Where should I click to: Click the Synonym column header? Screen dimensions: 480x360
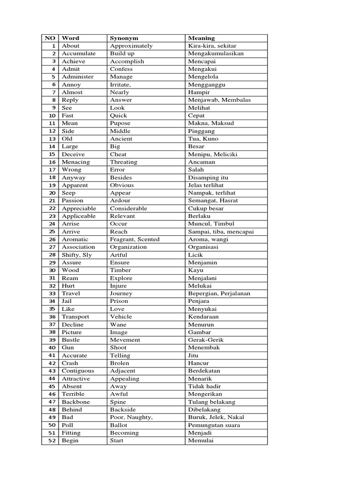pos(124,38)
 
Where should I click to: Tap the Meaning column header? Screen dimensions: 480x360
pos(201,38)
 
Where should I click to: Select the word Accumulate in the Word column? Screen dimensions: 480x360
pos(79,53)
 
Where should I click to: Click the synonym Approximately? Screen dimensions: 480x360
pos(131,46)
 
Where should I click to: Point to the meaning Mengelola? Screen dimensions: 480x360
pos(203,77)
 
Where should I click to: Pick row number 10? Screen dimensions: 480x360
pos(52,115)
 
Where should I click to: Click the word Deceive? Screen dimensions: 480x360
pos(74,154)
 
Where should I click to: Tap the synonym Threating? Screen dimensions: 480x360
pos(124,162)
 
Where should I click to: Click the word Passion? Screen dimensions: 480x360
pos(73,201)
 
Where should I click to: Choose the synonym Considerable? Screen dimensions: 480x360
pos(128,208)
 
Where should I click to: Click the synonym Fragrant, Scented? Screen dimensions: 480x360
pos(135,239)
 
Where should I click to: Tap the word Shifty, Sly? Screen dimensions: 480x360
pos(77,255)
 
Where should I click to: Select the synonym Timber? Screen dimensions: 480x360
pos(120,270)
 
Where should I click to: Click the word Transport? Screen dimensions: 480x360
pos(75,316)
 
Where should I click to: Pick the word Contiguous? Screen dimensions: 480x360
pos(78,371)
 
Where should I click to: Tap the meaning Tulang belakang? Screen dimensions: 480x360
pos(211,402)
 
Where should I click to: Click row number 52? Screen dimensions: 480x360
pos(52,441)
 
